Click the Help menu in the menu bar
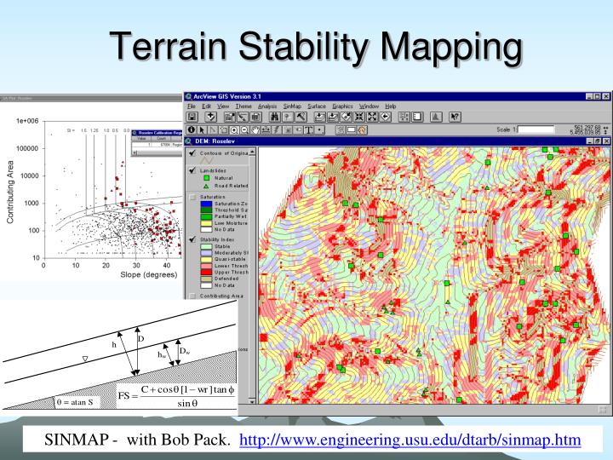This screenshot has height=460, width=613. click(391, 106)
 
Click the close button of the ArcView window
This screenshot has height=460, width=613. click(605, 95)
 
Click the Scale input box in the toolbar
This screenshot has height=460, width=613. click(547, 129)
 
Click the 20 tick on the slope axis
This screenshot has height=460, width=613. click(106, 265)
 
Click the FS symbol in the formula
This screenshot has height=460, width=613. click(125, 397)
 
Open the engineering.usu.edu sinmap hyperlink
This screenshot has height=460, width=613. click(411, 440)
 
